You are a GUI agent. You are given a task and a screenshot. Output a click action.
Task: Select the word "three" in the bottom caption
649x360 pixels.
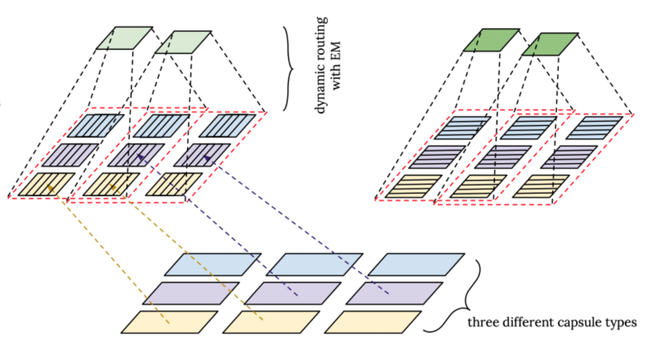480,323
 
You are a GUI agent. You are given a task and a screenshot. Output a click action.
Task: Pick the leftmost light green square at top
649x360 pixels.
125,38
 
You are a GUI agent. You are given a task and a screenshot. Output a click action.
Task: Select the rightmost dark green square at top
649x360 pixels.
549,44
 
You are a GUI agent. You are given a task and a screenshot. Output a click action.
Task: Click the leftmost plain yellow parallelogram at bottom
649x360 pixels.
170,322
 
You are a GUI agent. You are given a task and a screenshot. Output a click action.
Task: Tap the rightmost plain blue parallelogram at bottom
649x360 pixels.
416,264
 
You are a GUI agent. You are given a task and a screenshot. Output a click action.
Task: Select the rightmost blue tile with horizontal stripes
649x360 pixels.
594,128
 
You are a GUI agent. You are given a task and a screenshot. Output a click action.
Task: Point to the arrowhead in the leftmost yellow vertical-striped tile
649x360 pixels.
50,188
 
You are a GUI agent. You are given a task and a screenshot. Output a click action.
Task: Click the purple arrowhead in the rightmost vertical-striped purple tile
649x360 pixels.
206,157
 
